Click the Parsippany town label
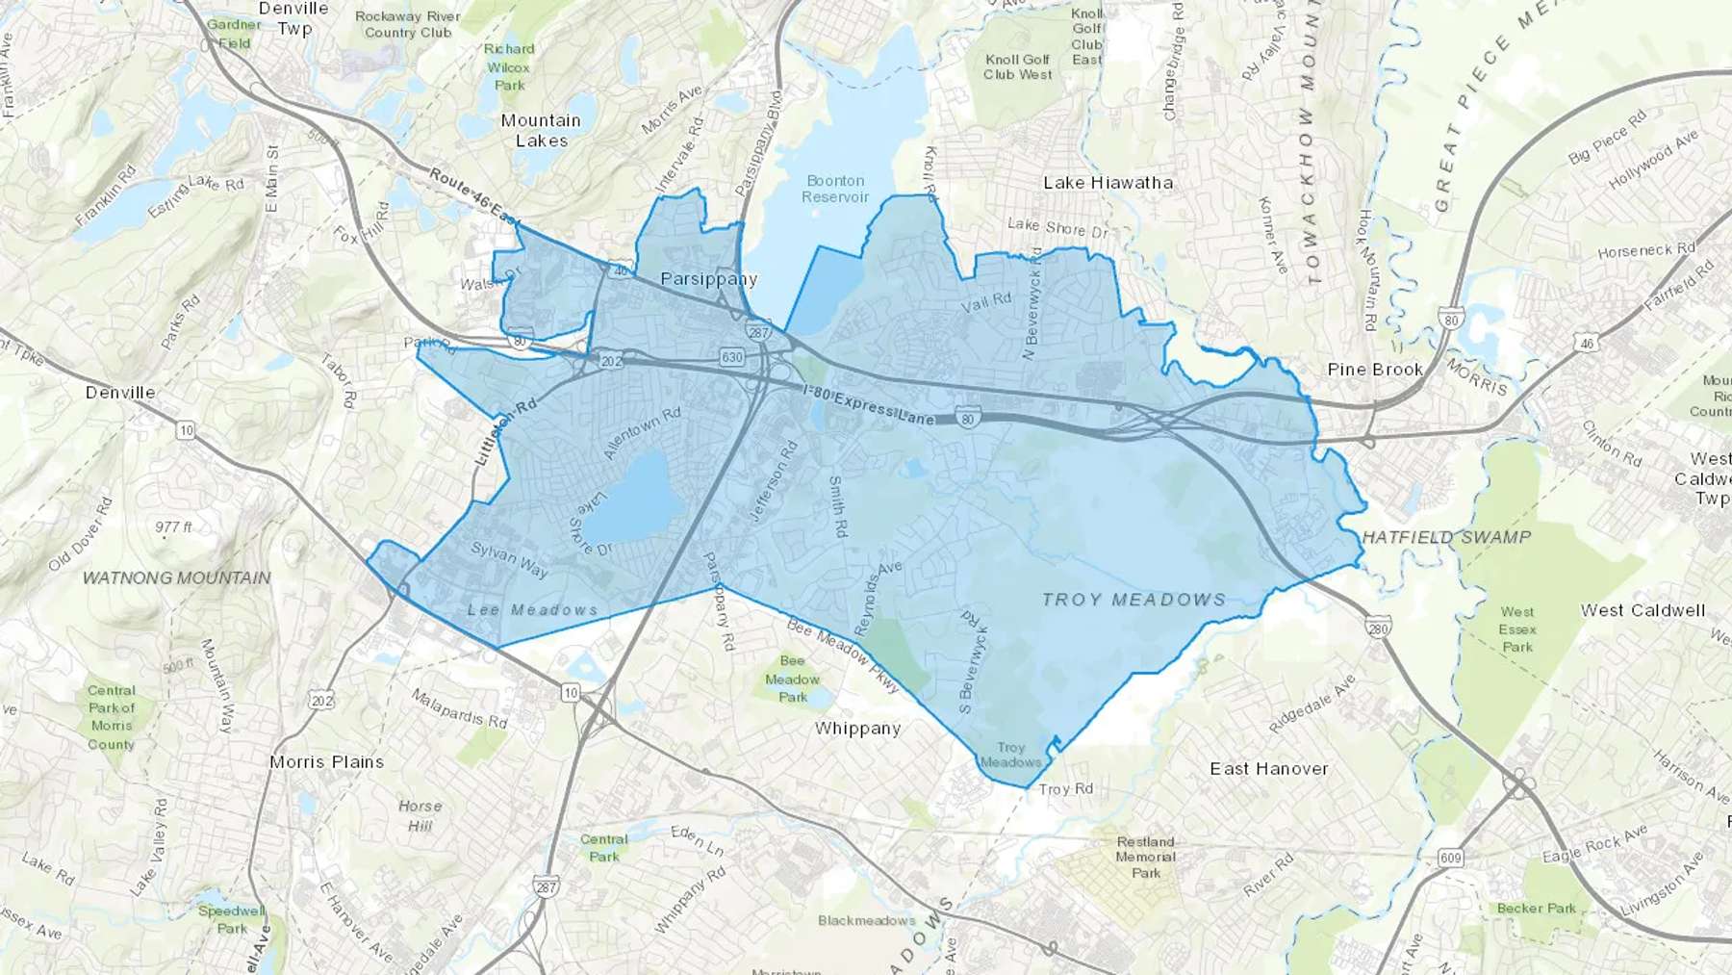[x=708, y=279]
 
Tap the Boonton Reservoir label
[x=835, y=189]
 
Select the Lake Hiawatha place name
[x=1108, y=183]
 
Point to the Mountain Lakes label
[x=541, y=130]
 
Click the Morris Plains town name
[x=326, y=761]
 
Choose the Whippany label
[x=857, y=729]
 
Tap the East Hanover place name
[x=1268, y=768]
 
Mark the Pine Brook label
[x=1374, y=370]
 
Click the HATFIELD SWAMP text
[x=1446, y=537]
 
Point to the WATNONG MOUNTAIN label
[x=177, y=577]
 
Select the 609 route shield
[x=1450, y=858]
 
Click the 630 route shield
[x=731, y=357]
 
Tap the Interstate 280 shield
[x=1378, y=627]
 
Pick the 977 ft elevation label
[x=173, y=526]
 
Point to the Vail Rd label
[x=986, y=302]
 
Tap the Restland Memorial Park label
[x=1145, y=857]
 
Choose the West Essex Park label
[x=1516, y=629]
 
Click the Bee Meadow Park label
[x=792, y=679]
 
